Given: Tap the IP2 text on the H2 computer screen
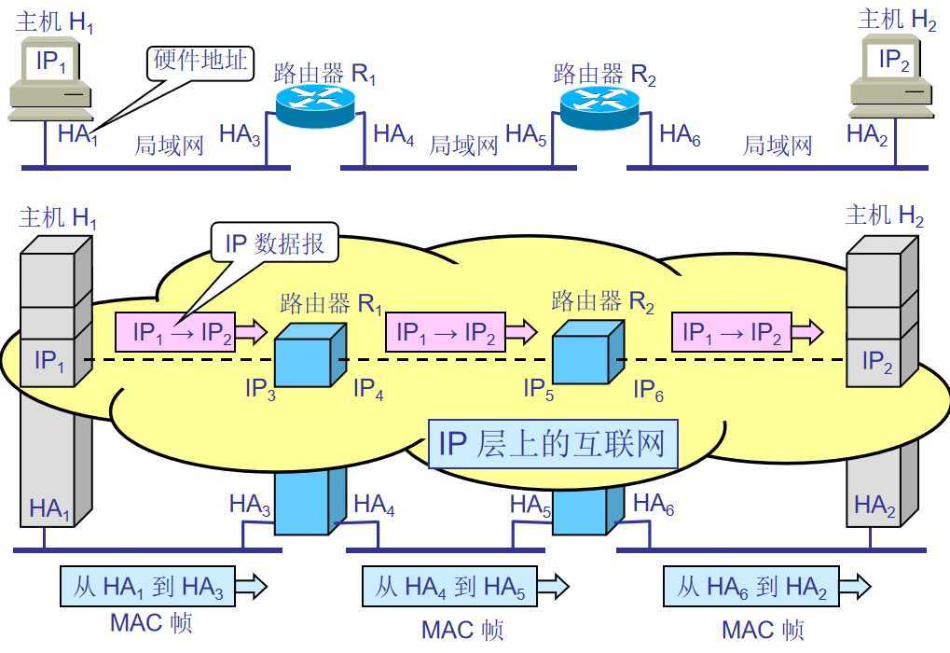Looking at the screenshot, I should (x=894, y=62).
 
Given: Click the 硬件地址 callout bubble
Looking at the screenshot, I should (x=200, y=63).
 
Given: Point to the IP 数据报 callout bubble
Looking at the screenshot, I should (x=274, y=244).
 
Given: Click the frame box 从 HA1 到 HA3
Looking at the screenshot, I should (x=149, y=587).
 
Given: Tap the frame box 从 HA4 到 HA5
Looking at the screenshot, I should (x=451, y=587).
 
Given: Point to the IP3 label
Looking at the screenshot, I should (x=260, y=390).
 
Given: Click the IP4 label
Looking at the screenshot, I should (x=367, y=390).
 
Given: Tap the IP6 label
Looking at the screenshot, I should (x=648, y=390).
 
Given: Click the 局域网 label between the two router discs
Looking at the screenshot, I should (x=463, y=145).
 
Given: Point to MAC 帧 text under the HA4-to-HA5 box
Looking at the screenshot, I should (x=462, y=630).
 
